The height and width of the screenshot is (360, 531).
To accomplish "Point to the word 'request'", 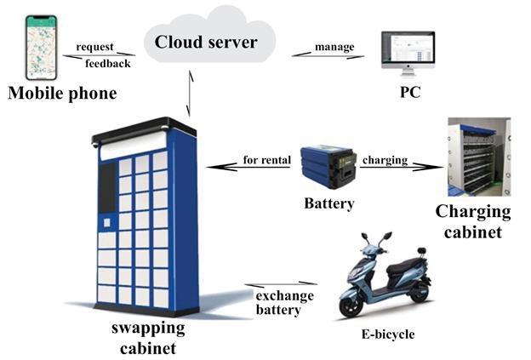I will pyautogui.click(x=95, y=47).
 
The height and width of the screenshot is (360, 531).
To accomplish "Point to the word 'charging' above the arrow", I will pyautogui.click(x=385, y=159).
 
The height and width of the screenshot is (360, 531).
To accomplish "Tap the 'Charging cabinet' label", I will pyautogui.click(x=473, y=221).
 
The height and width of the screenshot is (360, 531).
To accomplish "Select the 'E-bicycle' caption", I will pyautogui.click(x=387, y=334).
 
